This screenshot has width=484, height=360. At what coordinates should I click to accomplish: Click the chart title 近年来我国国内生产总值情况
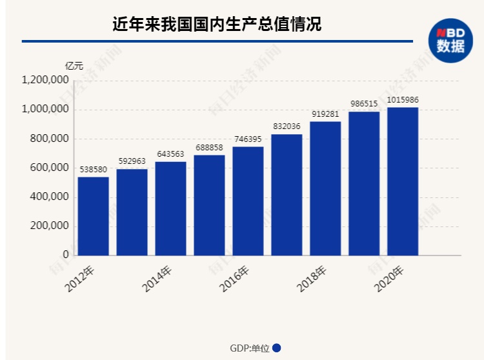pyautogui.click(x=217, y=25)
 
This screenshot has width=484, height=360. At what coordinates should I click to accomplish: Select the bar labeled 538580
pyautogui.click(x=93, y=216)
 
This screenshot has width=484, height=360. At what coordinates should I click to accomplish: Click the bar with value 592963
pyautogui.click(x=132, y=212)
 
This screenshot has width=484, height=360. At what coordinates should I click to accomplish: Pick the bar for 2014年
pyautogui.click(x=170, y=208)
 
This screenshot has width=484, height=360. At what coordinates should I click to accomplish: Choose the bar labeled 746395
pyautogui.click(x=248, y=201)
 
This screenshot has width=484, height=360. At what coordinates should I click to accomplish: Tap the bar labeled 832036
pyautogui.click(x=287, y=195)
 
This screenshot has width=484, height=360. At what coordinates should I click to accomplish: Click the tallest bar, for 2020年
pyautogui.click(x=403, y=181)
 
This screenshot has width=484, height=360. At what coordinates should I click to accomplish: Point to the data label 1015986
pyautogui.click(x=403, y=100)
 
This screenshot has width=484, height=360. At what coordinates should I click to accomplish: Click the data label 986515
pyautogui.click(x=364, y=105)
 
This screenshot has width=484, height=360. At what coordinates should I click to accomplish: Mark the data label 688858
pyautogui.click(x=209, y=148)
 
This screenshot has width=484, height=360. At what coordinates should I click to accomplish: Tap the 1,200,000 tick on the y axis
pyautogui.click(x=45, y=81)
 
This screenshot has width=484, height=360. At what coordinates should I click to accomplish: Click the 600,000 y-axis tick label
pyautogui.click(x=48, y=168)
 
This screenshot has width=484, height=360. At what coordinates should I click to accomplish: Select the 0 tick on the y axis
pyautogui.click(x=66, y=255)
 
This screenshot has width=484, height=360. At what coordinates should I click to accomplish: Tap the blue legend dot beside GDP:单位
pyautogui.click(x=276, y=348)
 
